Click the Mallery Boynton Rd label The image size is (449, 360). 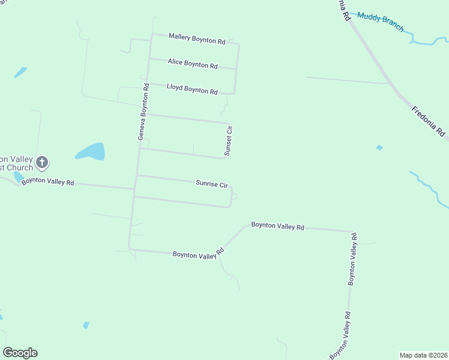pos(196,40)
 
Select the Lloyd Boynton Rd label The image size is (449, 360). pos(191,89)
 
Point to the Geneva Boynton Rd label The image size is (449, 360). pos(143,112)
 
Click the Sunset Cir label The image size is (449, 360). pos(228,140)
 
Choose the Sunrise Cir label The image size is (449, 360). pos(211,183)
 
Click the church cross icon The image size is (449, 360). pos(42,161)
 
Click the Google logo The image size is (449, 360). pos(20,353)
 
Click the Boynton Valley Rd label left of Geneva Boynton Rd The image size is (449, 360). pos(47,181)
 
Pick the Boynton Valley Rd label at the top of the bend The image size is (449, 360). pos(278,226)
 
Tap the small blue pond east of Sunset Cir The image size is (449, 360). pos(379,148)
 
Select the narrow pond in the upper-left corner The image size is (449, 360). pos(20,73)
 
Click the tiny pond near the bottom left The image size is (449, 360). pos(86,325)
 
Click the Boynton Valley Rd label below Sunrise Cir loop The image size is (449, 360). pos(198,254)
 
